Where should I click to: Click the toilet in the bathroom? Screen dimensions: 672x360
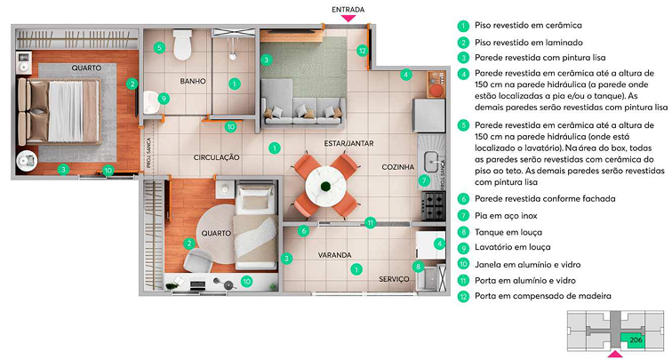pos(182,44)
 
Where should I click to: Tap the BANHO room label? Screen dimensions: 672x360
pos(193,81)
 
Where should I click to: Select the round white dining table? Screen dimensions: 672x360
pos(325,186)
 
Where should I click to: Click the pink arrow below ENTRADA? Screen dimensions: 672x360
pos(348,19)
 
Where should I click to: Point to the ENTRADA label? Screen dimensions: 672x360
pos(348,10)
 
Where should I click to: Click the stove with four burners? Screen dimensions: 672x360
pos(433,206)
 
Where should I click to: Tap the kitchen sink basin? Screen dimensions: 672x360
pos(432,162)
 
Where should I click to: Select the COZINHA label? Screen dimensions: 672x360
pos(398,167)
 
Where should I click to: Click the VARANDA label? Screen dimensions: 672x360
pos(335,255)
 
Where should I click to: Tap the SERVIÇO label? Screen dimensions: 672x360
pos(394,279)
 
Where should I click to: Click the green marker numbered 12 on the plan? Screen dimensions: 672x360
pos(362,51)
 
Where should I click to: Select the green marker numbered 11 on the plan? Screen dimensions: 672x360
pos(371,222)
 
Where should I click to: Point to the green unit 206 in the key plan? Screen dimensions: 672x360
pos(633,340)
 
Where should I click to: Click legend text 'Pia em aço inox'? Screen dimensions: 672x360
pos(506,216)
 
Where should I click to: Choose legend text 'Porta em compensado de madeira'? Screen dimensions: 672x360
pos(543,296)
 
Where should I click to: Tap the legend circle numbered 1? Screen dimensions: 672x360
pos(463,26)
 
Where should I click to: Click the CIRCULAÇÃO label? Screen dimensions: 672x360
pos(216,157)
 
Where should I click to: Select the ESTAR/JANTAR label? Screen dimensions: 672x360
pos(348,143)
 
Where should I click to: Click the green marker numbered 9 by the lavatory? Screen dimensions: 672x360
pos(164,99)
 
